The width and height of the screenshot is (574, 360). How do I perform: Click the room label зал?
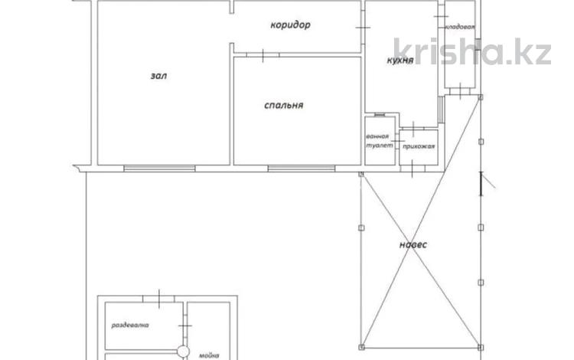[159, 76]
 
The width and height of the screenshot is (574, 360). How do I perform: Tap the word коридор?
[290, 25]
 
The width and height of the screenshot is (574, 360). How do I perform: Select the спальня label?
[283, 106]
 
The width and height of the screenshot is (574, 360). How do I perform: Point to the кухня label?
[400, 61]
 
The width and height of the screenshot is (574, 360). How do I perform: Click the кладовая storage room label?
[460, 27]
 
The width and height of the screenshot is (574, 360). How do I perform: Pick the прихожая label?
[419, 146]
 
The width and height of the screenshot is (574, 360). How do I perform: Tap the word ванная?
[377, 136]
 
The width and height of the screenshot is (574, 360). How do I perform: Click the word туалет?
[380, 146]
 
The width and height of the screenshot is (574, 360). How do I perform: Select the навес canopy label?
[413, 244]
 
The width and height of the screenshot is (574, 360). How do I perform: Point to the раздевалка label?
[130, 325]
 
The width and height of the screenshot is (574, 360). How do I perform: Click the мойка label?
[209, 355]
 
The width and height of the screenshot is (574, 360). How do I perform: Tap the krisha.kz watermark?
[472, 51]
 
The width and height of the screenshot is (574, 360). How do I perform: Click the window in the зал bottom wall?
[159, 169]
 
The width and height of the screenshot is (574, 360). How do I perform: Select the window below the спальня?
[302, 169]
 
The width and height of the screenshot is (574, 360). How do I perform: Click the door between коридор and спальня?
[263, 55]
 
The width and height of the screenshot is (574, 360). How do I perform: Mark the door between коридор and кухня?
[363, 28]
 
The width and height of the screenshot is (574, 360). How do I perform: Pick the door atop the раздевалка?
[159, 299]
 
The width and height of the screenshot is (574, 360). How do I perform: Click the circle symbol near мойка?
[184, 352]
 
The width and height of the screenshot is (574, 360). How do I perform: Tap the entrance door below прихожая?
[413, 169]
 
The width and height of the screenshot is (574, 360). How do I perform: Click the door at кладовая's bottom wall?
[460, 90]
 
